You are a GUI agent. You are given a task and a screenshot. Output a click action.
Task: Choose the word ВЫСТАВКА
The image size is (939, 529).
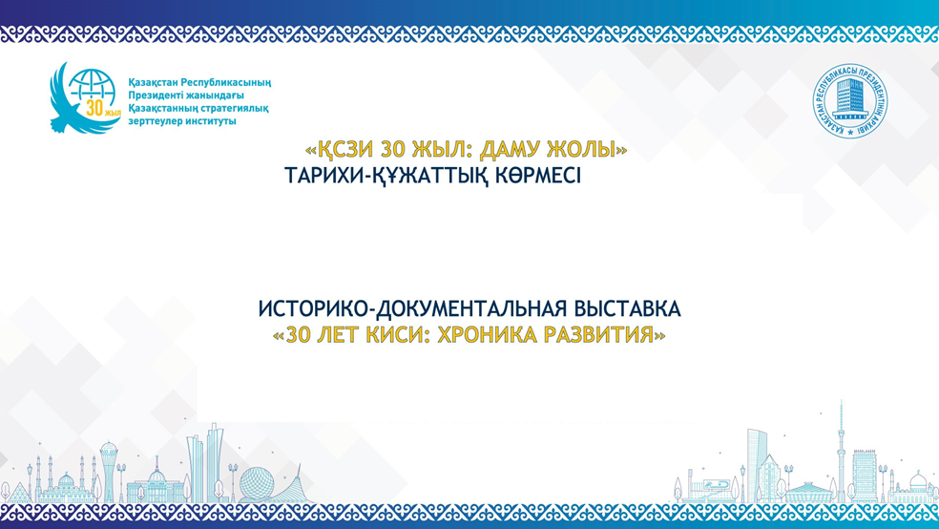tap(627, 309)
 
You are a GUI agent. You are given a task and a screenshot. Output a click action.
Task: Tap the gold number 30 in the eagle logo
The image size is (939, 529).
tap(94, 107)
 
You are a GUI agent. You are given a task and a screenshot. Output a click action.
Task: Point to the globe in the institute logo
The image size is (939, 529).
tap(94, 92)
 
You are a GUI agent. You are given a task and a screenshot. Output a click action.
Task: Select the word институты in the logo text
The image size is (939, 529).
tap(207, 121)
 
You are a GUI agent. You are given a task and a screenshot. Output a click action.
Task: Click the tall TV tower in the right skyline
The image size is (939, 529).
tap(840, 449)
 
